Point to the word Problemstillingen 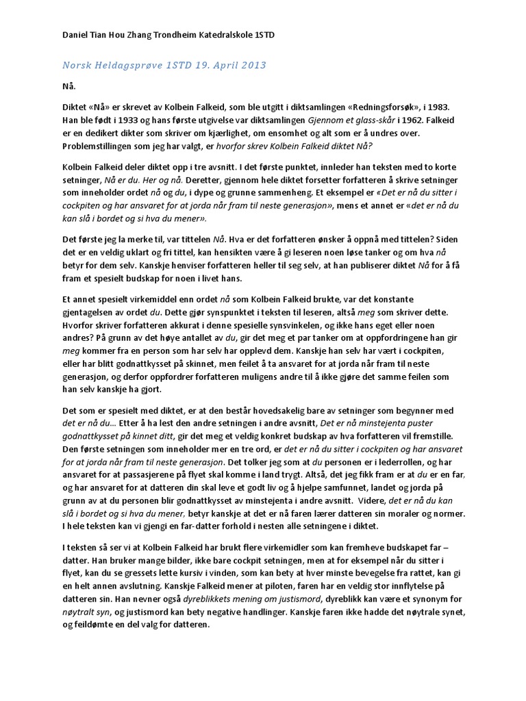pos(101,146)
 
